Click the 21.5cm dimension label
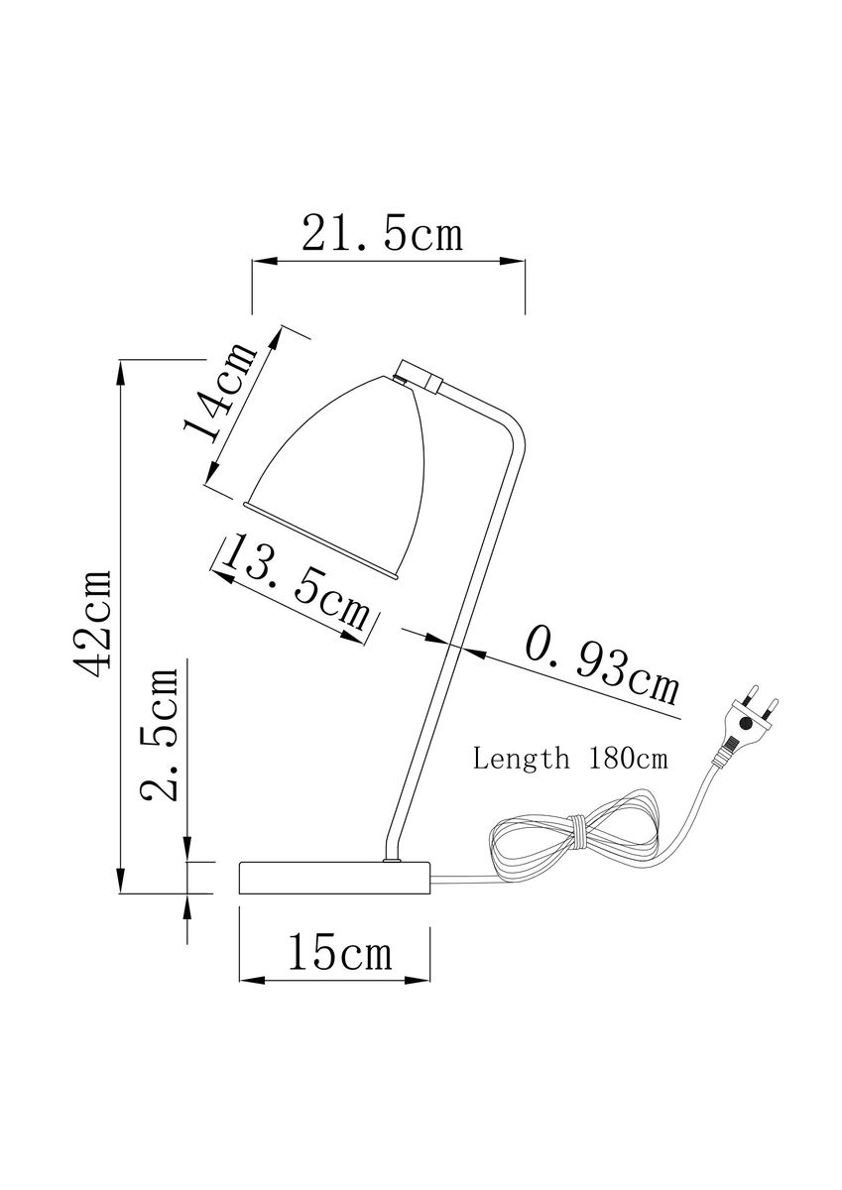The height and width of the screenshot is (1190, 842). pyautogui.click(x=383, y=234)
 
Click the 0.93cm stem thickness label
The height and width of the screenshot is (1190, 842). pyautogui.click(x=602, y=664)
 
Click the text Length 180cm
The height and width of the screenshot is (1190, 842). pyautogui.click(x=570, y=760)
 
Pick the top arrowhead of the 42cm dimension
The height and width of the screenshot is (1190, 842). pyautogui.click(x=121, y=373)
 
